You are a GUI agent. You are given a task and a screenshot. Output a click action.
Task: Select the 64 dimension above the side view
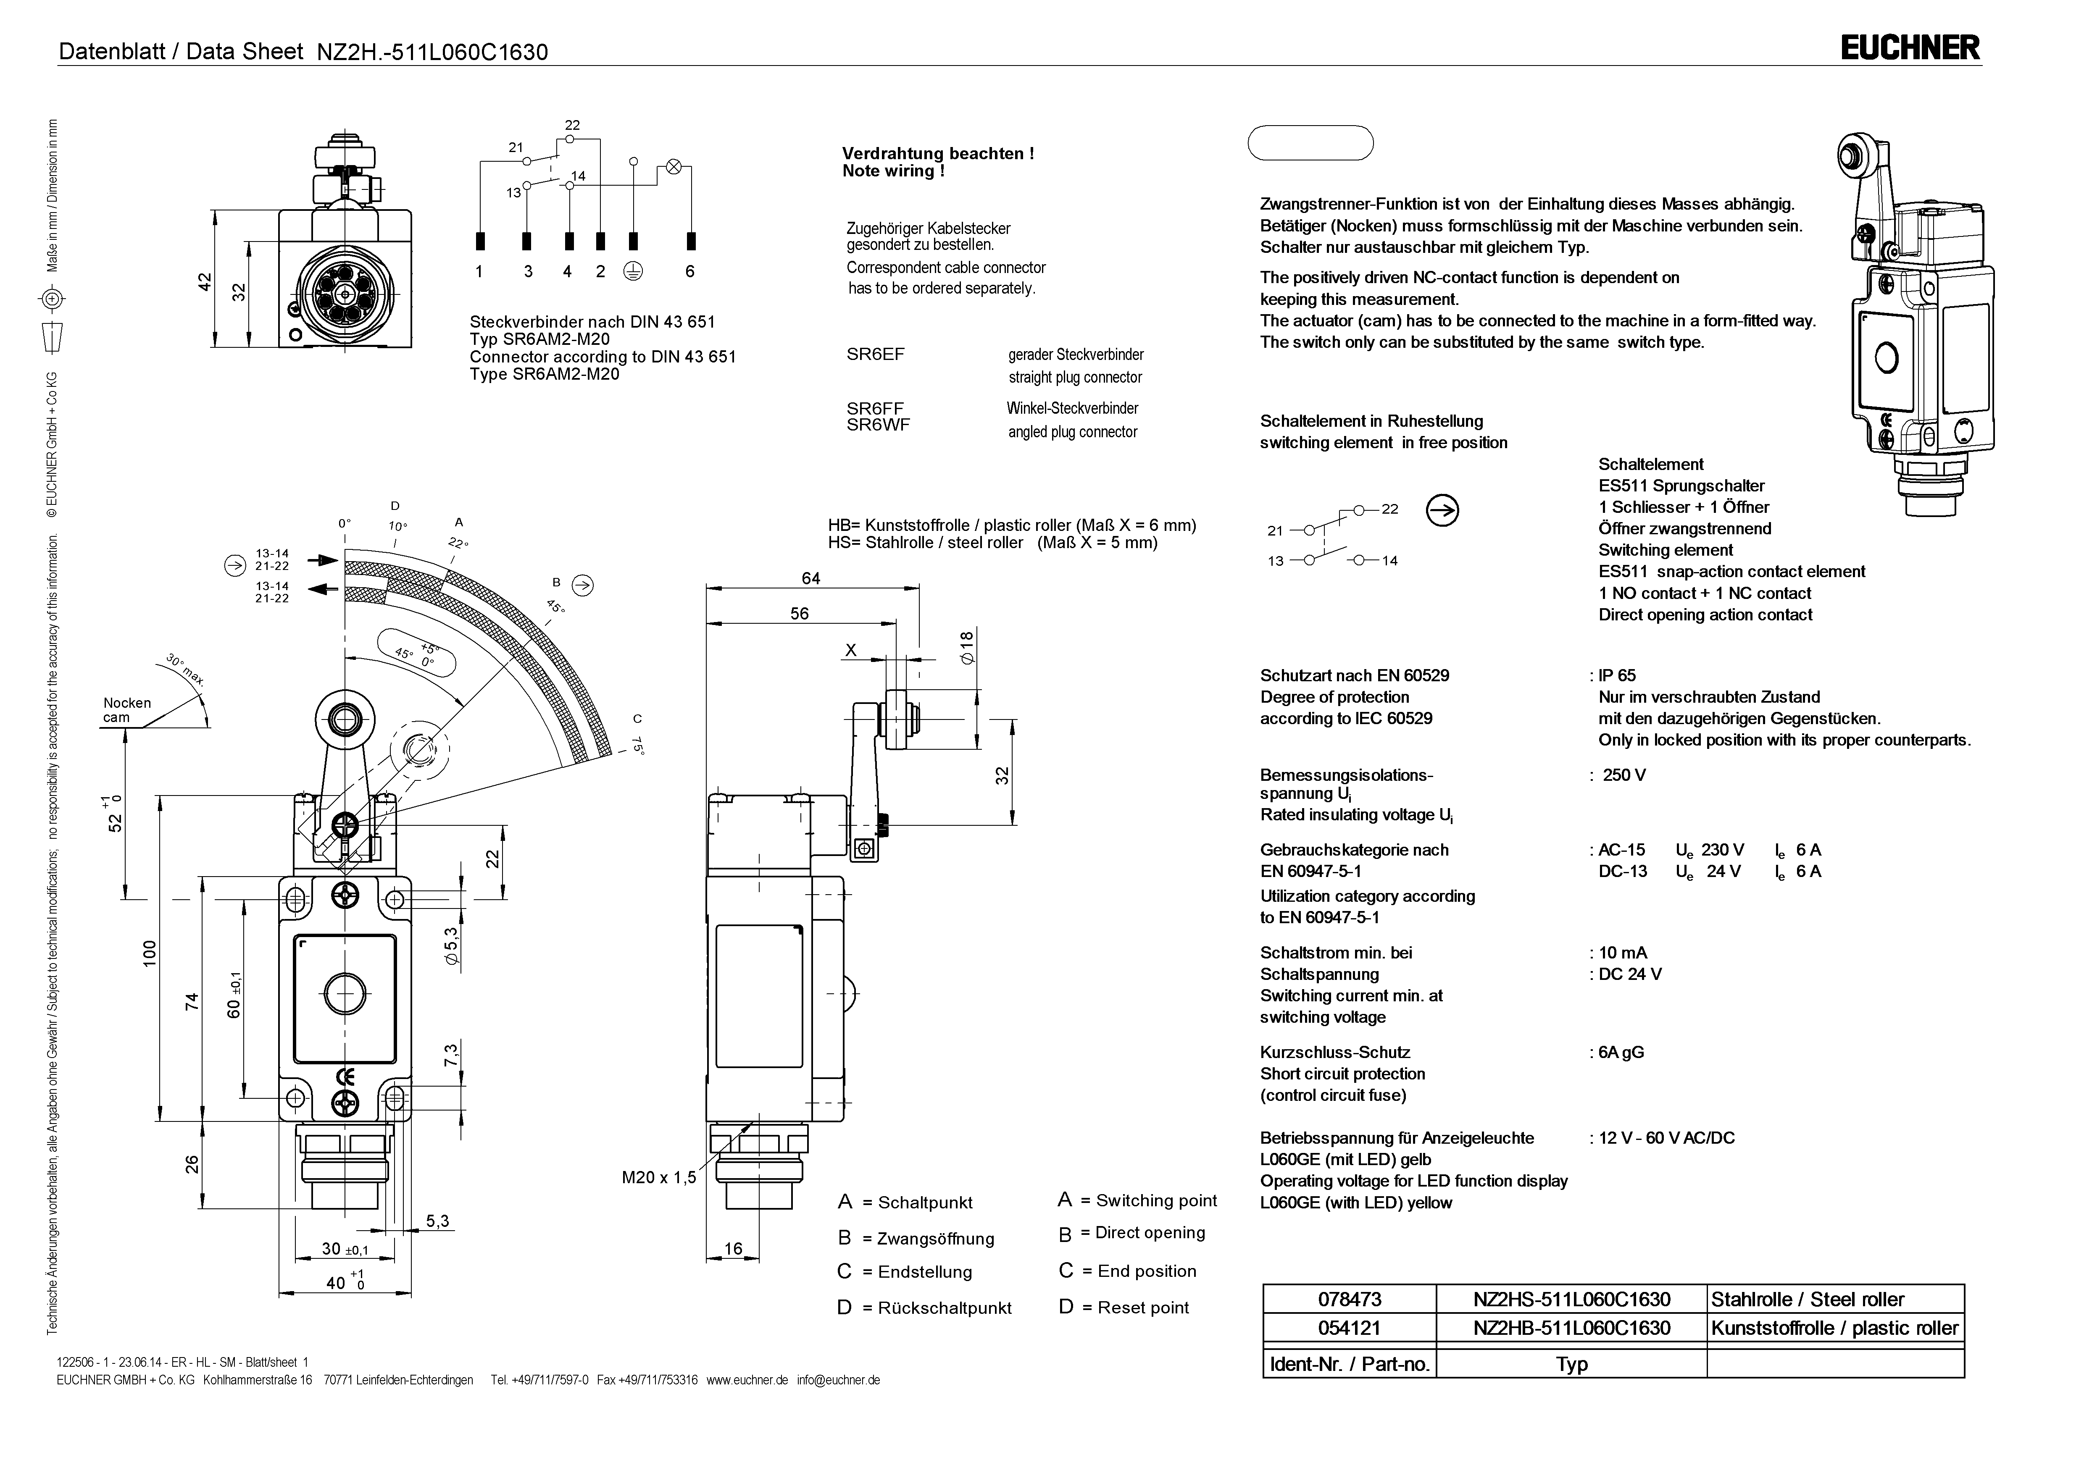pyautogui.click(x=810, y=578)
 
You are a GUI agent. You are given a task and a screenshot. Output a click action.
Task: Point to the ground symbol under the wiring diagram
pyautogui.click(x=634, y=271)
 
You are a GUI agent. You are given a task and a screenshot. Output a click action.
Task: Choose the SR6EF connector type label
pyautogui.click(x=875, y=354)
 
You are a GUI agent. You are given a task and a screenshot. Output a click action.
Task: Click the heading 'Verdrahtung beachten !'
pyautogui.click(x=938, y=153)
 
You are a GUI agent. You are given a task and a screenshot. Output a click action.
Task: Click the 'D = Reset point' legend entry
pyautogui.click(x=1124, y=1307)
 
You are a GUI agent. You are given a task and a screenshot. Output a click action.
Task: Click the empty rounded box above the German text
pyautogui.click(x=1310, y=142)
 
